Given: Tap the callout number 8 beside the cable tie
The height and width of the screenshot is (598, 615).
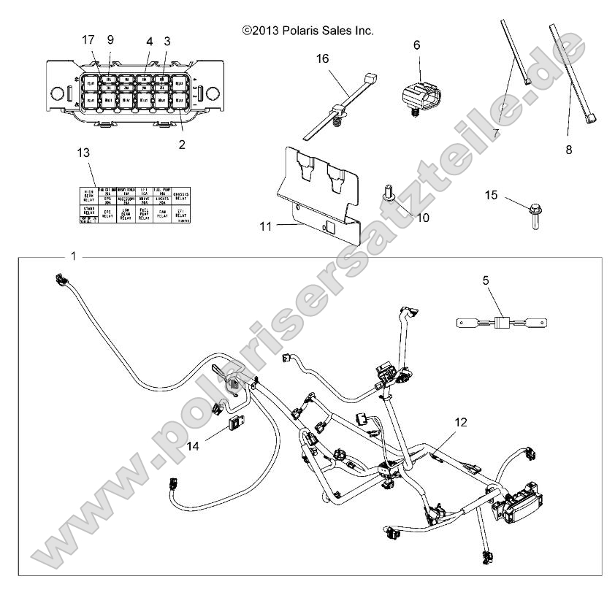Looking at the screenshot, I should [x=568, y=150].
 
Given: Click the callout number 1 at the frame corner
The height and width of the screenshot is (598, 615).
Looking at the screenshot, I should [x=73, y=256].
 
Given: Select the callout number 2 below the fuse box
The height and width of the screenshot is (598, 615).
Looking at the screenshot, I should [x=181, y=145].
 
